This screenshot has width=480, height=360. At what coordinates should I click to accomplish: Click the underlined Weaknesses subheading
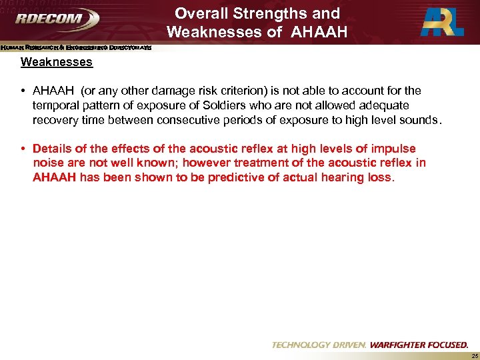click(57, 63)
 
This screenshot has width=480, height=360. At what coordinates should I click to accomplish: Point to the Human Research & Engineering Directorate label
click(76, 47)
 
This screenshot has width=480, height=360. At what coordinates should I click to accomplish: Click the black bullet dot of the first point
click(24, 91)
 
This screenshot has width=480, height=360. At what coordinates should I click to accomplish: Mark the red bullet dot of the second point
click(24, 149)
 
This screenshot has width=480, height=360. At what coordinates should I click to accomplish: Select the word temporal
click(55, 105)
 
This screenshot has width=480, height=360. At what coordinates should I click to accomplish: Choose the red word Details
click(51, 149)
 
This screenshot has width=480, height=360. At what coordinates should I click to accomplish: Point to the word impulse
click(393, 149)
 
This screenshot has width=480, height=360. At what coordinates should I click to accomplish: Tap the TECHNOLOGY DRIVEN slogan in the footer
click(319, 345)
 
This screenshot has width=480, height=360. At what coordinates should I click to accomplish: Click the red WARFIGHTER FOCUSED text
click(419, 345)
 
